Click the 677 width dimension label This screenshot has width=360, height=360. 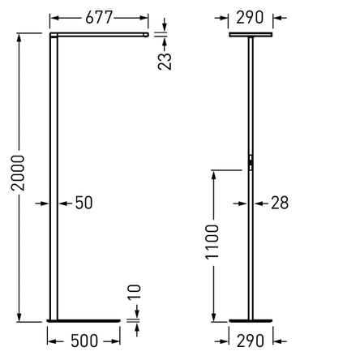(98, 15)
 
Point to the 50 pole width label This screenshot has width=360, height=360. (84, 203)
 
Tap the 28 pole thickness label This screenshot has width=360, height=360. (277, 203)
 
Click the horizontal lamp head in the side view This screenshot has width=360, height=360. (98, 36)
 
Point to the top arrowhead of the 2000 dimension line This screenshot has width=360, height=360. (17, 36)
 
